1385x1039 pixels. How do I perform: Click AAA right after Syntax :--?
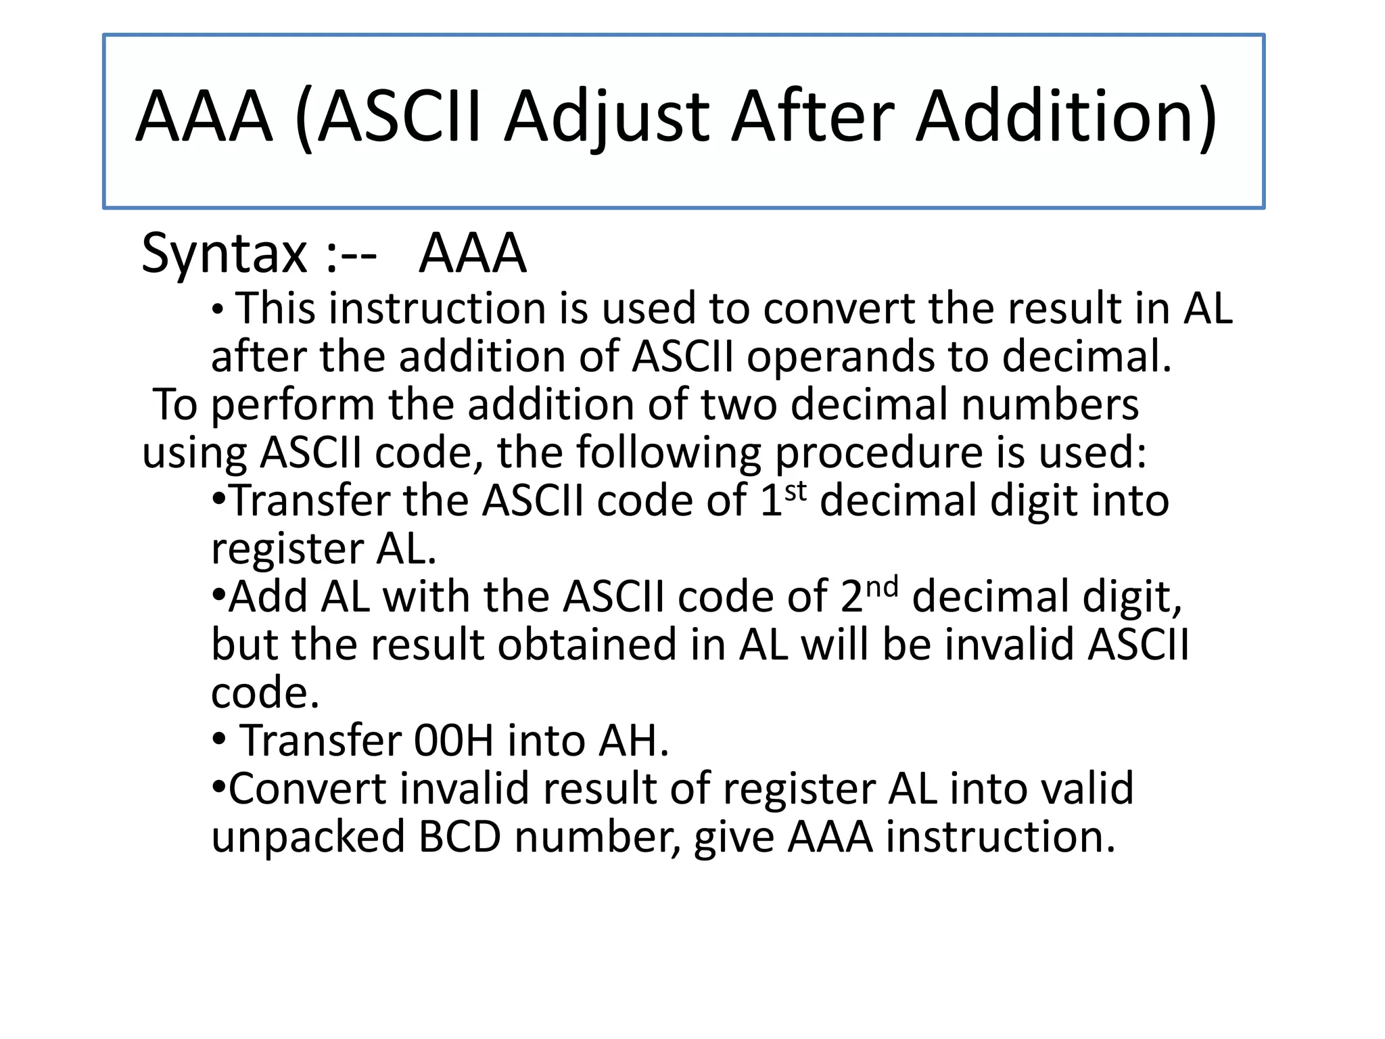(472, 254)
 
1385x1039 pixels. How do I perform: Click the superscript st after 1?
(796, 491)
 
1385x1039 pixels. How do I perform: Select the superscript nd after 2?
(882, 587)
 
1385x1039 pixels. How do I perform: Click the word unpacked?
(308, 837)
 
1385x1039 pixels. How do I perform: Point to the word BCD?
(460, 837)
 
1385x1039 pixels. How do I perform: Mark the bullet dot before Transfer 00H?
(218, 740)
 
